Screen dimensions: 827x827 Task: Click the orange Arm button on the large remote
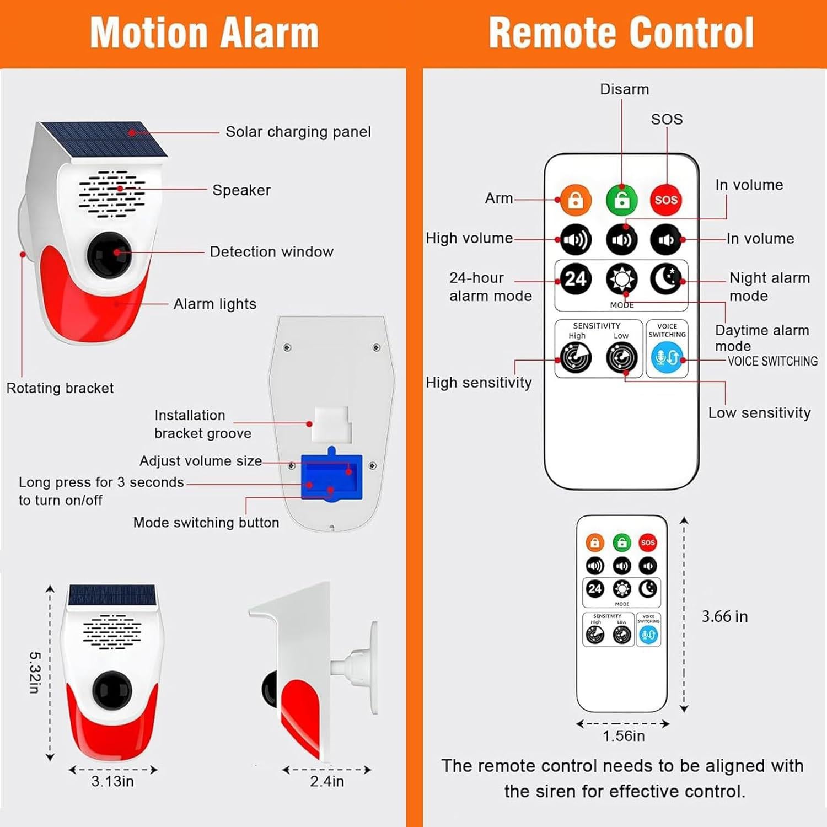click(x=576, y=200)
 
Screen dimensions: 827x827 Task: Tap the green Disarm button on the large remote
click(x=621, y=200)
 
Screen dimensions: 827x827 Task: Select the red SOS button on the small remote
click(x=648, y=543)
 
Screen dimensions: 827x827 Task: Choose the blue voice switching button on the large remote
click(x=667, y=357)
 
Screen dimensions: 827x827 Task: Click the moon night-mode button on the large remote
click(x=666, y=279)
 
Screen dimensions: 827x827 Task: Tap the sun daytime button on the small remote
click(x=622, y=589)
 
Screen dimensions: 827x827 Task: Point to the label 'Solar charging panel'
click(x=298, y=132)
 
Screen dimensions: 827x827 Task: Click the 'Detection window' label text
click(x=271, y=252)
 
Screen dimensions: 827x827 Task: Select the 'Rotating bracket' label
click(x=60, y=388)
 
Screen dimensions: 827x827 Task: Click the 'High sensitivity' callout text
click(x=479, y=383)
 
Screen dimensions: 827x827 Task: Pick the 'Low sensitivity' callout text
click(x=759, y=413)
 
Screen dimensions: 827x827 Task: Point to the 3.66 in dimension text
click(x=724, y=616)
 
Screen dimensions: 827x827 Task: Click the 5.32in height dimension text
click(x=34, y=672)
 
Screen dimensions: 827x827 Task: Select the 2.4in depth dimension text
click(x=327, y=781)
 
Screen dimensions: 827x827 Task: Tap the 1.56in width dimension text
click(x=624, y=736)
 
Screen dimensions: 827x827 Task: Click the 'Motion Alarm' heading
click(x=204, y=33)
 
